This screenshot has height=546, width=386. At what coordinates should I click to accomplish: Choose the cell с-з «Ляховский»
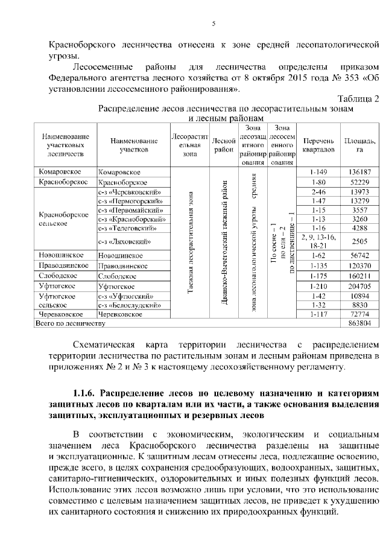coord(124,242)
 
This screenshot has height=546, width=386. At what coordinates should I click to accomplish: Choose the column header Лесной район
coord(224,145)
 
